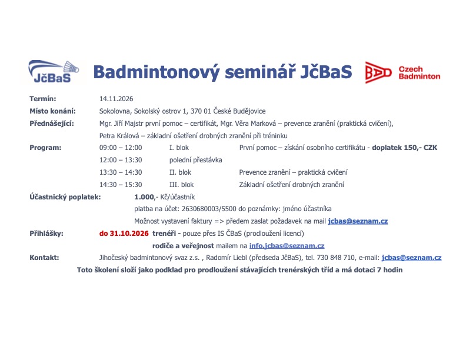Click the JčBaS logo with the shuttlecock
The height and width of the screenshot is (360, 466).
pos(54,71)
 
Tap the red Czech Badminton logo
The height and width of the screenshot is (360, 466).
pos(402,72)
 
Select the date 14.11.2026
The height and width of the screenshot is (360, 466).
pos(116,99)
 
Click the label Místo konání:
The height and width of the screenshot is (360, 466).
pos(52,111)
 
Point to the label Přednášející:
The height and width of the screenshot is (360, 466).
pos(52,124)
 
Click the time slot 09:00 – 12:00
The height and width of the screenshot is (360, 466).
pos(121,148)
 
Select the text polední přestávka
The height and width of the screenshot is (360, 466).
pos(195,160)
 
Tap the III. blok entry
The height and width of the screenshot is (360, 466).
pos(181,185)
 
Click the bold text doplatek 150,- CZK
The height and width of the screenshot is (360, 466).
pos(404,148)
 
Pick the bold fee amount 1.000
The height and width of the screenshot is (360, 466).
pos(144,197)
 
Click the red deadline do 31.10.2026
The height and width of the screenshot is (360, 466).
pos(124,234)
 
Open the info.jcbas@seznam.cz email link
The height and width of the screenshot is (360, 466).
pos(287,246)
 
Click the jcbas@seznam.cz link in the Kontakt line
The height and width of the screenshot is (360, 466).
pos(412,258)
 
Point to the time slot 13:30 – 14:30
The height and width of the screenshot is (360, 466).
pos(121,172)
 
